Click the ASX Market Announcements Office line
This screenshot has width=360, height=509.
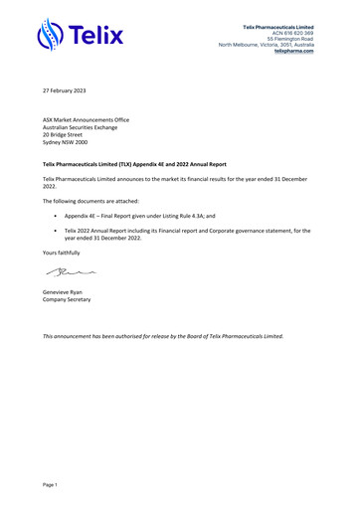pyautogui.click(x=90, y=118)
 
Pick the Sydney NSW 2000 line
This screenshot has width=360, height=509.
pyautogui.click(x=70, y=142)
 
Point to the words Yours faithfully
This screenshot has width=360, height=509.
pyautogui.click(x=62, y=253)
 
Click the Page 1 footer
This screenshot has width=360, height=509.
pyautogui.click(x=50, y=484)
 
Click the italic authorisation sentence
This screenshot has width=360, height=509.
pyautogui.click(x=163, y=336)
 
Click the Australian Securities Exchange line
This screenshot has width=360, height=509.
pyautogui.click(x=88, y=126)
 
